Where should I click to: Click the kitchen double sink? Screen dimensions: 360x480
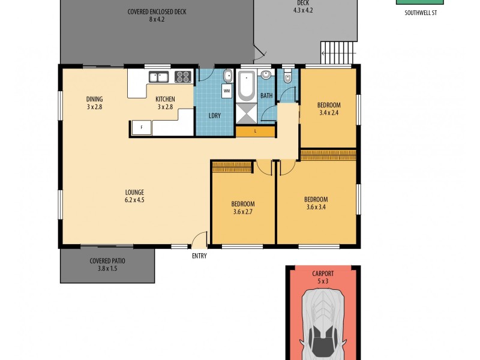[158, 77]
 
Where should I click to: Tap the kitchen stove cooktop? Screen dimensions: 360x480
[183, 77]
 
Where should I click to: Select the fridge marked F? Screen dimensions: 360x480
[141, 128]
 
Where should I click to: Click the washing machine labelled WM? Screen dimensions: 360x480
[227, 91]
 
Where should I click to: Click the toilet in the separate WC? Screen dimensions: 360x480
[287, 77]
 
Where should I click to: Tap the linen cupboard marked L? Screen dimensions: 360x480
[255, 131]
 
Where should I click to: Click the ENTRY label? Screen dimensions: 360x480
[199, 256]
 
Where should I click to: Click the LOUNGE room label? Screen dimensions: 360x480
[134, 192]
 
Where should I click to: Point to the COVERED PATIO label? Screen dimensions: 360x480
[107, 261]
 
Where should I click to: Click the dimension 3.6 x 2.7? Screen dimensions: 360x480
[244, 211]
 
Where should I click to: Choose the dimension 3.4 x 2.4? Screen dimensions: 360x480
[329, 112]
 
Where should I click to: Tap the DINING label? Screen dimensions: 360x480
[95, 99]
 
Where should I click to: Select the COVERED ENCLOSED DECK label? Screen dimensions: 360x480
[157, 11]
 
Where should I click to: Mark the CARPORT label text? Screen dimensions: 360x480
[323, 274]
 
